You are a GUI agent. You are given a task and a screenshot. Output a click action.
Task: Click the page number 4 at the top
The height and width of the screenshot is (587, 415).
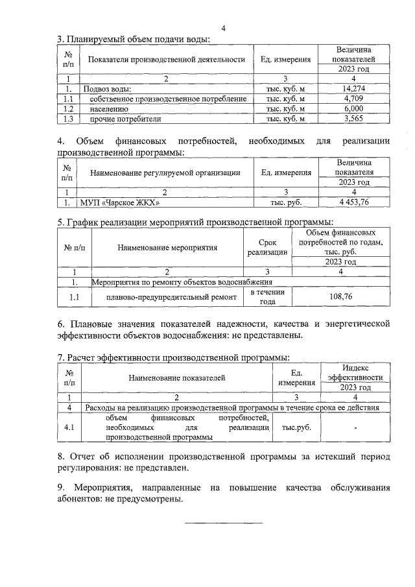point(223,28)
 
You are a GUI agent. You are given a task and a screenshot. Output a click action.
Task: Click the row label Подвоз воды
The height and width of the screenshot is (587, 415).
point(107,88)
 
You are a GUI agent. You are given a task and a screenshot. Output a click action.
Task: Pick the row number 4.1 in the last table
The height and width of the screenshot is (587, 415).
point(69,427)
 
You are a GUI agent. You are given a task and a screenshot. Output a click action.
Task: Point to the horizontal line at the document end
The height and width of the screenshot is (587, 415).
point(224,522)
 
